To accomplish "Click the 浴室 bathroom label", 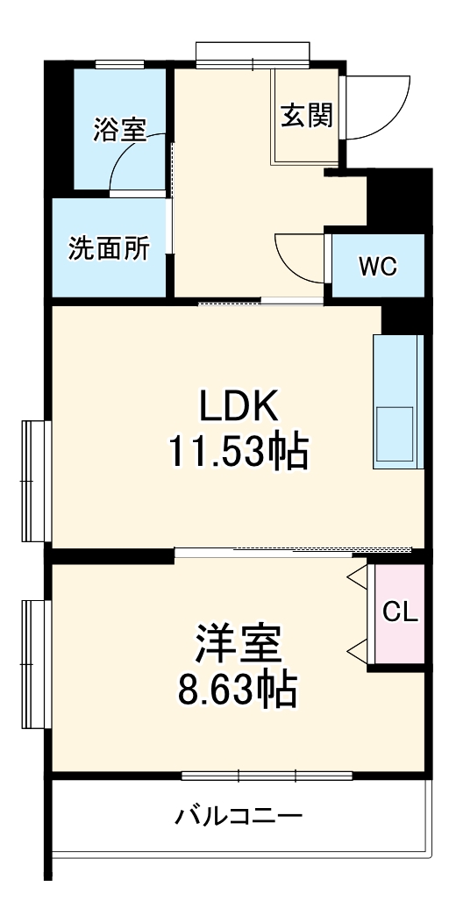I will (x=119, y=130).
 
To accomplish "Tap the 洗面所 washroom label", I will (x=109, y=248).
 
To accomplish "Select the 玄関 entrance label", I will (x=307, y=116).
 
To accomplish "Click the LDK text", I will (x=238, y=406).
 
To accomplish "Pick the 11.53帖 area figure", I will (x=238, y=453).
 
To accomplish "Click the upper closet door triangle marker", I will (x=356, y=577).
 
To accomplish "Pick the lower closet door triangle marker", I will (x=356, y=650).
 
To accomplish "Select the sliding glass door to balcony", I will (x=267, y=776).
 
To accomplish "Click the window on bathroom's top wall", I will (x=119, y=63).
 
